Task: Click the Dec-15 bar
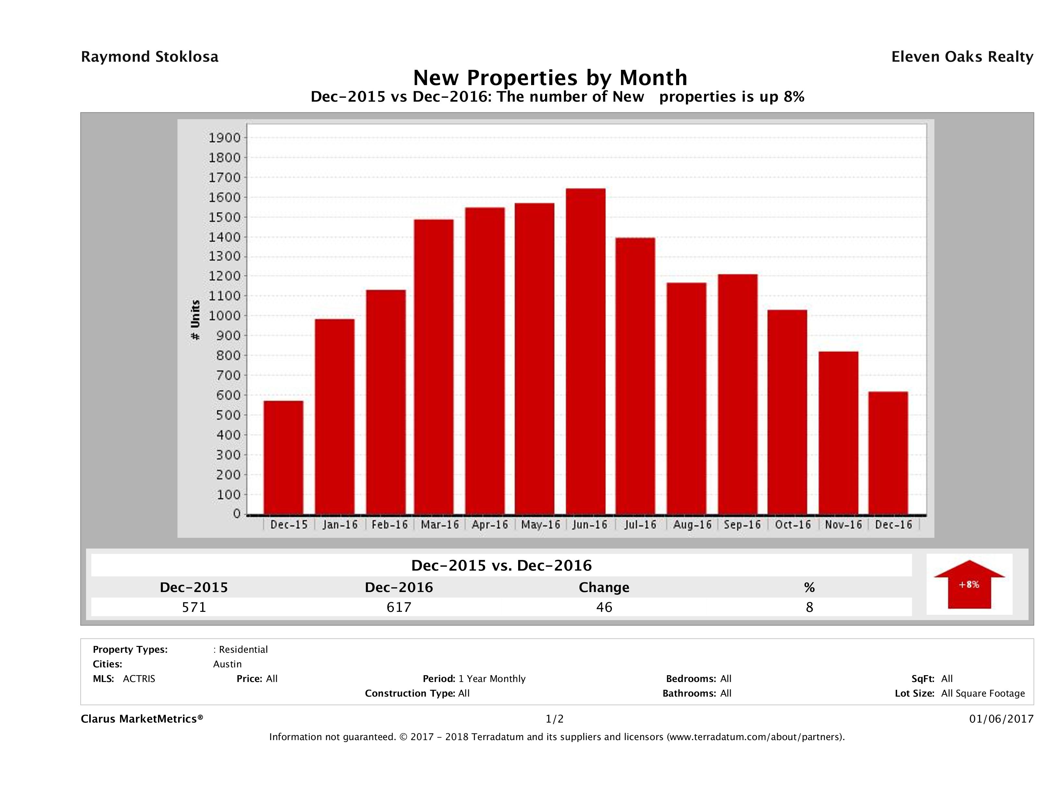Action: (284, 458)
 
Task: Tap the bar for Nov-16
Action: (838, 433)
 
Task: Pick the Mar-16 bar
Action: (433, 367)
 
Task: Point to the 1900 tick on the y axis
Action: (225, 138)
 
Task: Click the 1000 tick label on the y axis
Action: (225, 316)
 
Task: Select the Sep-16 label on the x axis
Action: (742, 524)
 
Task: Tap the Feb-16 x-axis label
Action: (389, 524)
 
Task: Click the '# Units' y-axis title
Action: (195, 320)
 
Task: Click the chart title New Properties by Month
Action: (550, 77)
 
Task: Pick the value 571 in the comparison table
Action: (194, 607)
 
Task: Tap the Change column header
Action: (604, 587)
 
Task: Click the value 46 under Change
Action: (604, 607)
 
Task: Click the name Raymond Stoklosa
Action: (150, 57)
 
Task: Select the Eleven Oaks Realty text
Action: (962, 57)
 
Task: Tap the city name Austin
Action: (227, 664)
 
